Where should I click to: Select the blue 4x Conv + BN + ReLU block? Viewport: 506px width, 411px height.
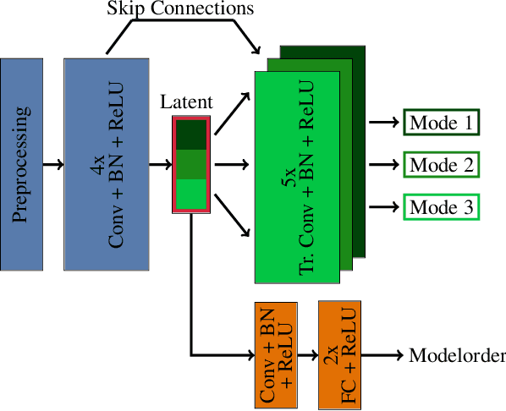(107, 164)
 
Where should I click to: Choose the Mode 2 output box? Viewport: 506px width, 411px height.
(441, 164)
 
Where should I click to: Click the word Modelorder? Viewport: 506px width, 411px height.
(457, 355)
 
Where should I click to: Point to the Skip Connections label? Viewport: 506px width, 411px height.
(180, 10)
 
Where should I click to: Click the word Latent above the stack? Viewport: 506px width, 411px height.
(186, 103)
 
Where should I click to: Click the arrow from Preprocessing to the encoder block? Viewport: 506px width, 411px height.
(52, 164)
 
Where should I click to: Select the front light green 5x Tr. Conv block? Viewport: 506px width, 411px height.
(297, 178)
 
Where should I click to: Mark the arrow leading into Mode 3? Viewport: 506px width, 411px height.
(383, 206)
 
